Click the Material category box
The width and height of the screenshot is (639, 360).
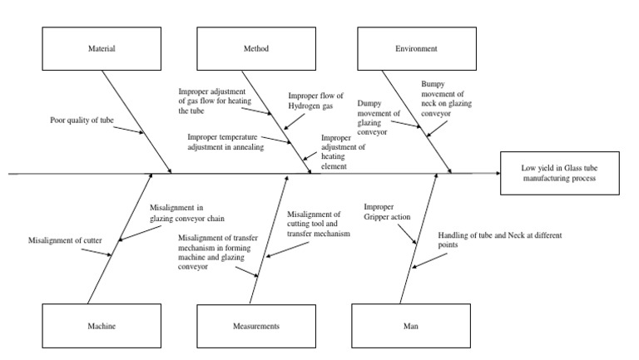pos(102,49)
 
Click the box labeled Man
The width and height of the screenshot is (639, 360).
pos(410,326)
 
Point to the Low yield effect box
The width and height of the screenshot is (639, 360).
pos(559,174)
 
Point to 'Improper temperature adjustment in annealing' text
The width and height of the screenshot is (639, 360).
pos(225,141)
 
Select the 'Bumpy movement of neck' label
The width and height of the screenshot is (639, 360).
pos(448,98)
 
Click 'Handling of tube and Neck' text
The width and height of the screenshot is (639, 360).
pos(488,240)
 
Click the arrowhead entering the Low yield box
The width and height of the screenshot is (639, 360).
pos(497,174)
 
